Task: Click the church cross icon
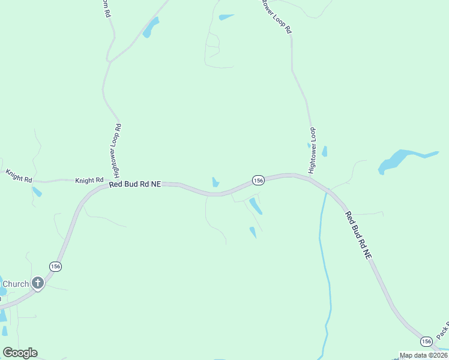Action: [38, 283]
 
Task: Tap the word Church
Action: [16, 284]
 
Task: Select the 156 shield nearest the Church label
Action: [55, 266]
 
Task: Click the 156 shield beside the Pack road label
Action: [426, 341]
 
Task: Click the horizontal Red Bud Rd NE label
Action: [135, 185]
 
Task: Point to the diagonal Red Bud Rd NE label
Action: [358, 235]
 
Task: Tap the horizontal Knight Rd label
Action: [89, 180]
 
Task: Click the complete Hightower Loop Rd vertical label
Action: [118, 149]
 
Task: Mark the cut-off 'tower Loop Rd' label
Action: [277, 16]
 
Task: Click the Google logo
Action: [20, 353]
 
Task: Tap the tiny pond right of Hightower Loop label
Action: [325, 151]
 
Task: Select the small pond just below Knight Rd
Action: [37, 192]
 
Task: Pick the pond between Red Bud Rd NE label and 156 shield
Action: [215, 182]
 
